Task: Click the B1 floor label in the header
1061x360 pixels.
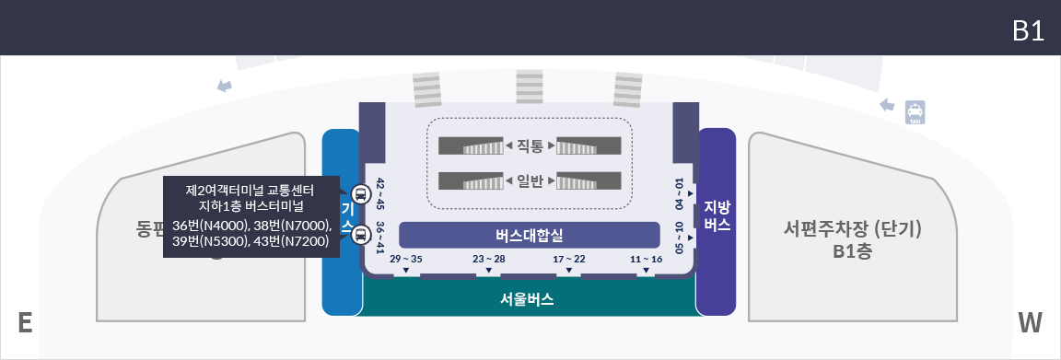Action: click(x=1027, y=30)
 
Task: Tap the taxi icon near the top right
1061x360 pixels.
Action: click(x=915, y=112)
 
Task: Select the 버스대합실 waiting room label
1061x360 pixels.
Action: click(x=529, y=235)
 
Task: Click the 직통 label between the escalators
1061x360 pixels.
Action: click(x=530, y=145)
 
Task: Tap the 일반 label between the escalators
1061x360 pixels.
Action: click(x=530, y=180)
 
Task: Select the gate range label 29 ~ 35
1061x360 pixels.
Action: click(x=405, y=260)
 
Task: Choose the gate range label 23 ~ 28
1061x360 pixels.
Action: click(x=489, y=260)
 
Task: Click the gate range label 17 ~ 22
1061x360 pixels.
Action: click(x=569, y=260)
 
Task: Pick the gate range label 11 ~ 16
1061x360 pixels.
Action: click(x=647, y=260)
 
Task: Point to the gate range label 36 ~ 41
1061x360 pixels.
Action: click(x=379, y=237)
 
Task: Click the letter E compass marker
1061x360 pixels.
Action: click(x=26, y=323)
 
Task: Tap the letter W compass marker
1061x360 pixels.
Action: click(x=1030, y=323)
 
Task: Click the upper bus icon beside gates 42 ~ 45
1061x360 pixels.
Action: click(x=359, y=193)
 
